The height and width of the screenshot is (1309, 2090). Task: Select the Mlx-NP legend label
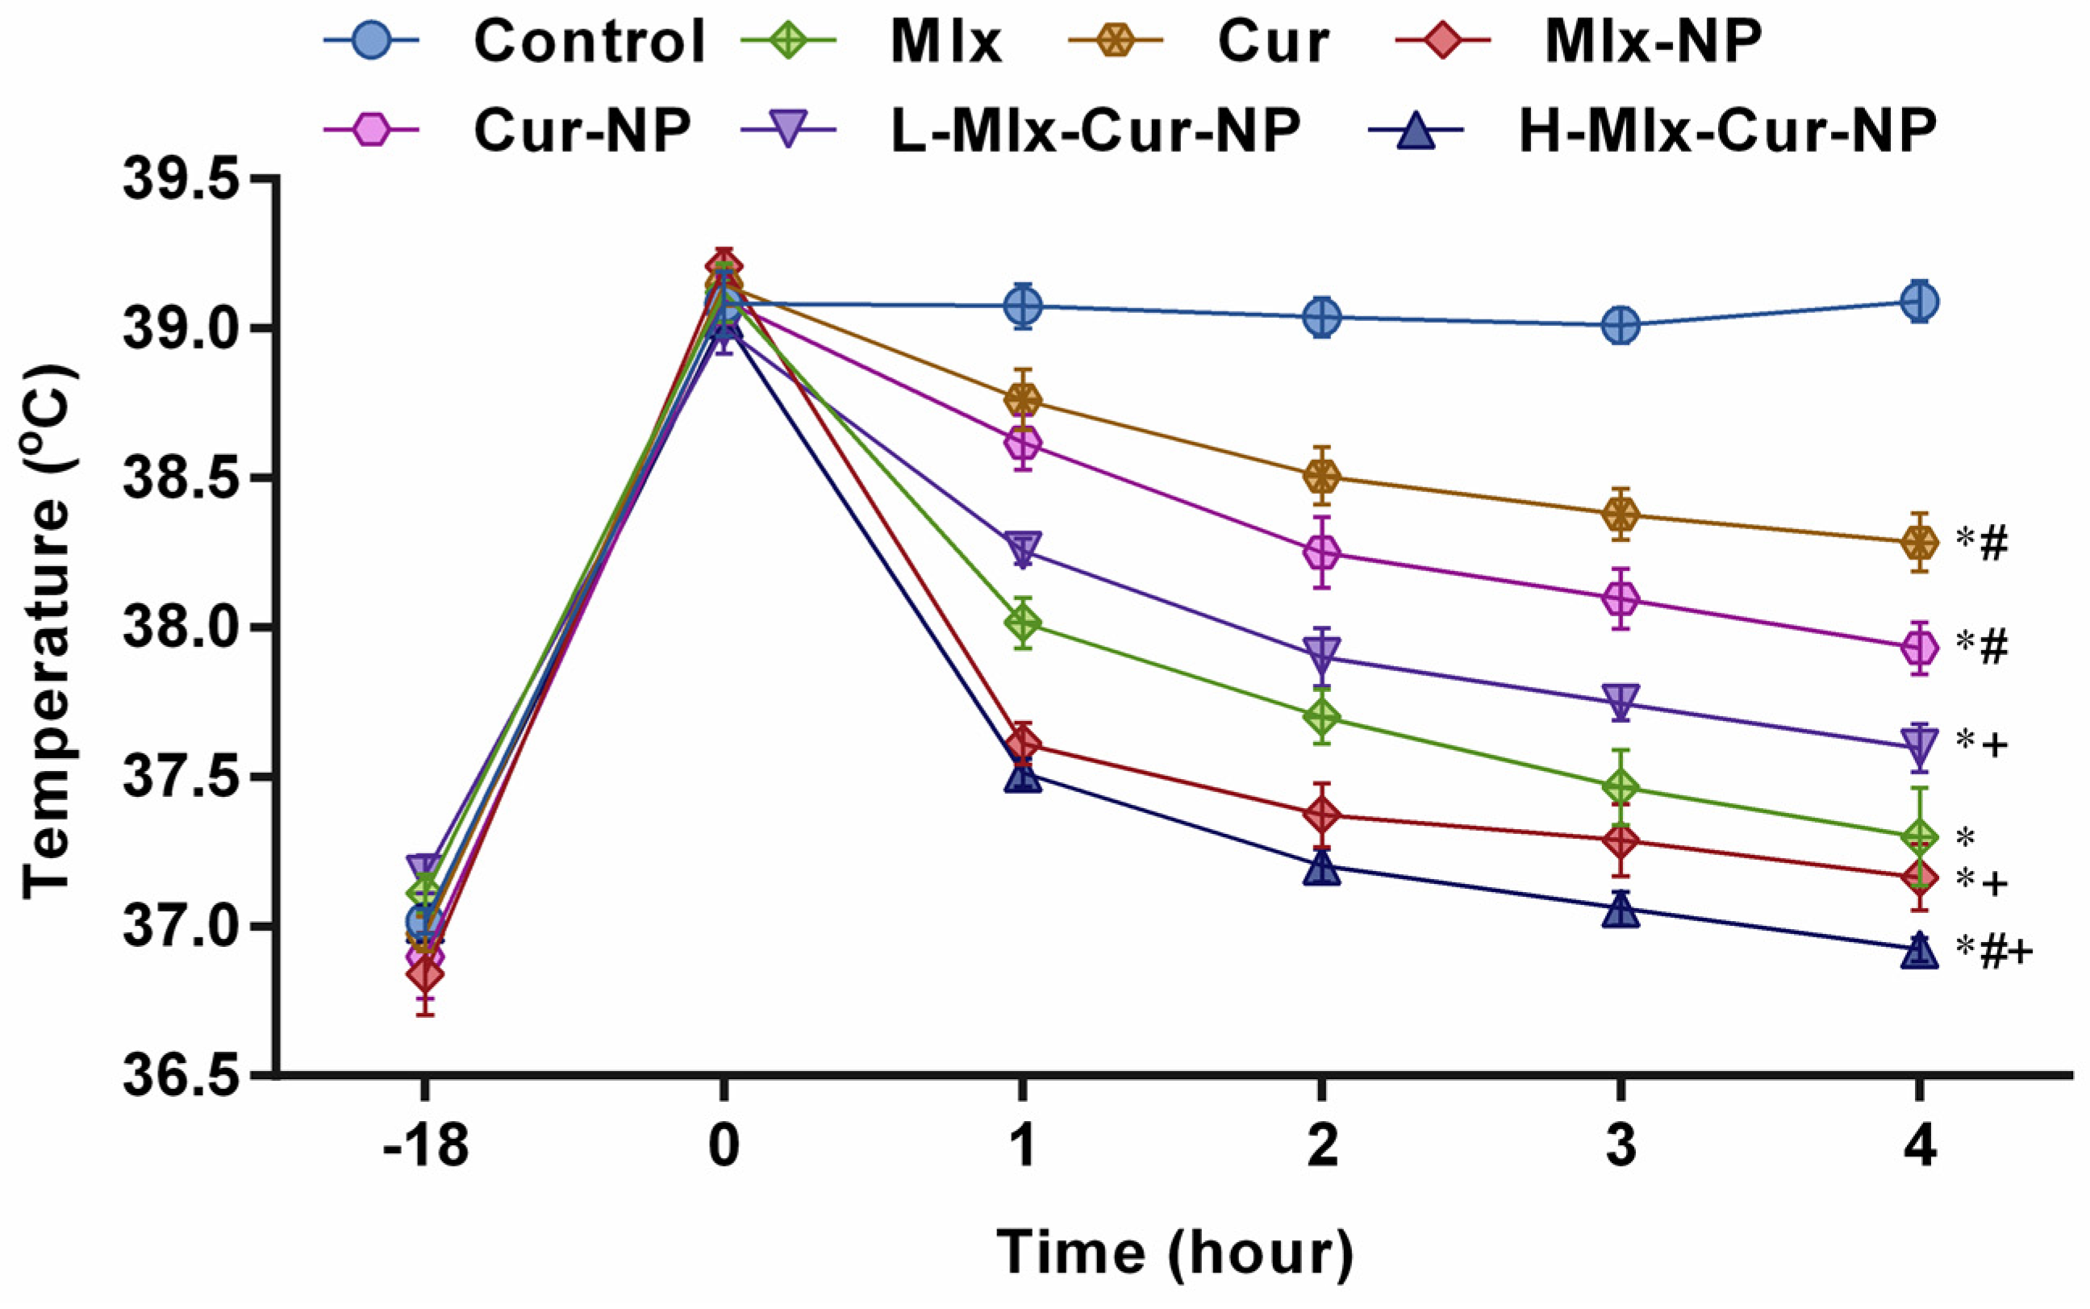(x=1652, y=40)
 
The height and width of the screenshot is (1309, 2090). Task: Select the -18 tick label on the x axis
(x=424, y=1147)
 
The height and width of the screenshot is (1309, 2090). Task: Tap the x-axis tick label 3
(x=1621, y=1147)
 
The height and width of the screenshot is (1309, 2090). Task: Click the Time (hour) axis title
(x=1174, y=1253)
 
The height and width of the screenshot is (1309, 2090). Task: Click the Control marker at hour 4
(x=1920, y=302)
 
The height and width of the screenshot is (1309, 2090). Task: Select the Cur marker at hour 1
(x=1024, y=400)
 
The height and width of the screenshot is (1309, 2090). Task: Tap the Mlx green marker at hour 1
(x=1024, y=623)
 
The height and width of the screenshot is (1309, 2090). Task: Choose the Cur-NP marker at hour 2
(x=1322, y=552)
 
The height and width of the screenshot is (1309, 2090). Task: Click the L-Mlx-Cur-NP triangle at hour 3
(x=1621, y=700)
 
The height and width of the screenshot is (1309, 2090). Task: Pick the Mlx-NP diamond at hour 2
(x=1322, y=815)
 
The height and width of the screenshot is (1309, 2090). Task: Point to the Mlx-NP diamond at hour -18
(x=424, y=975)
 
